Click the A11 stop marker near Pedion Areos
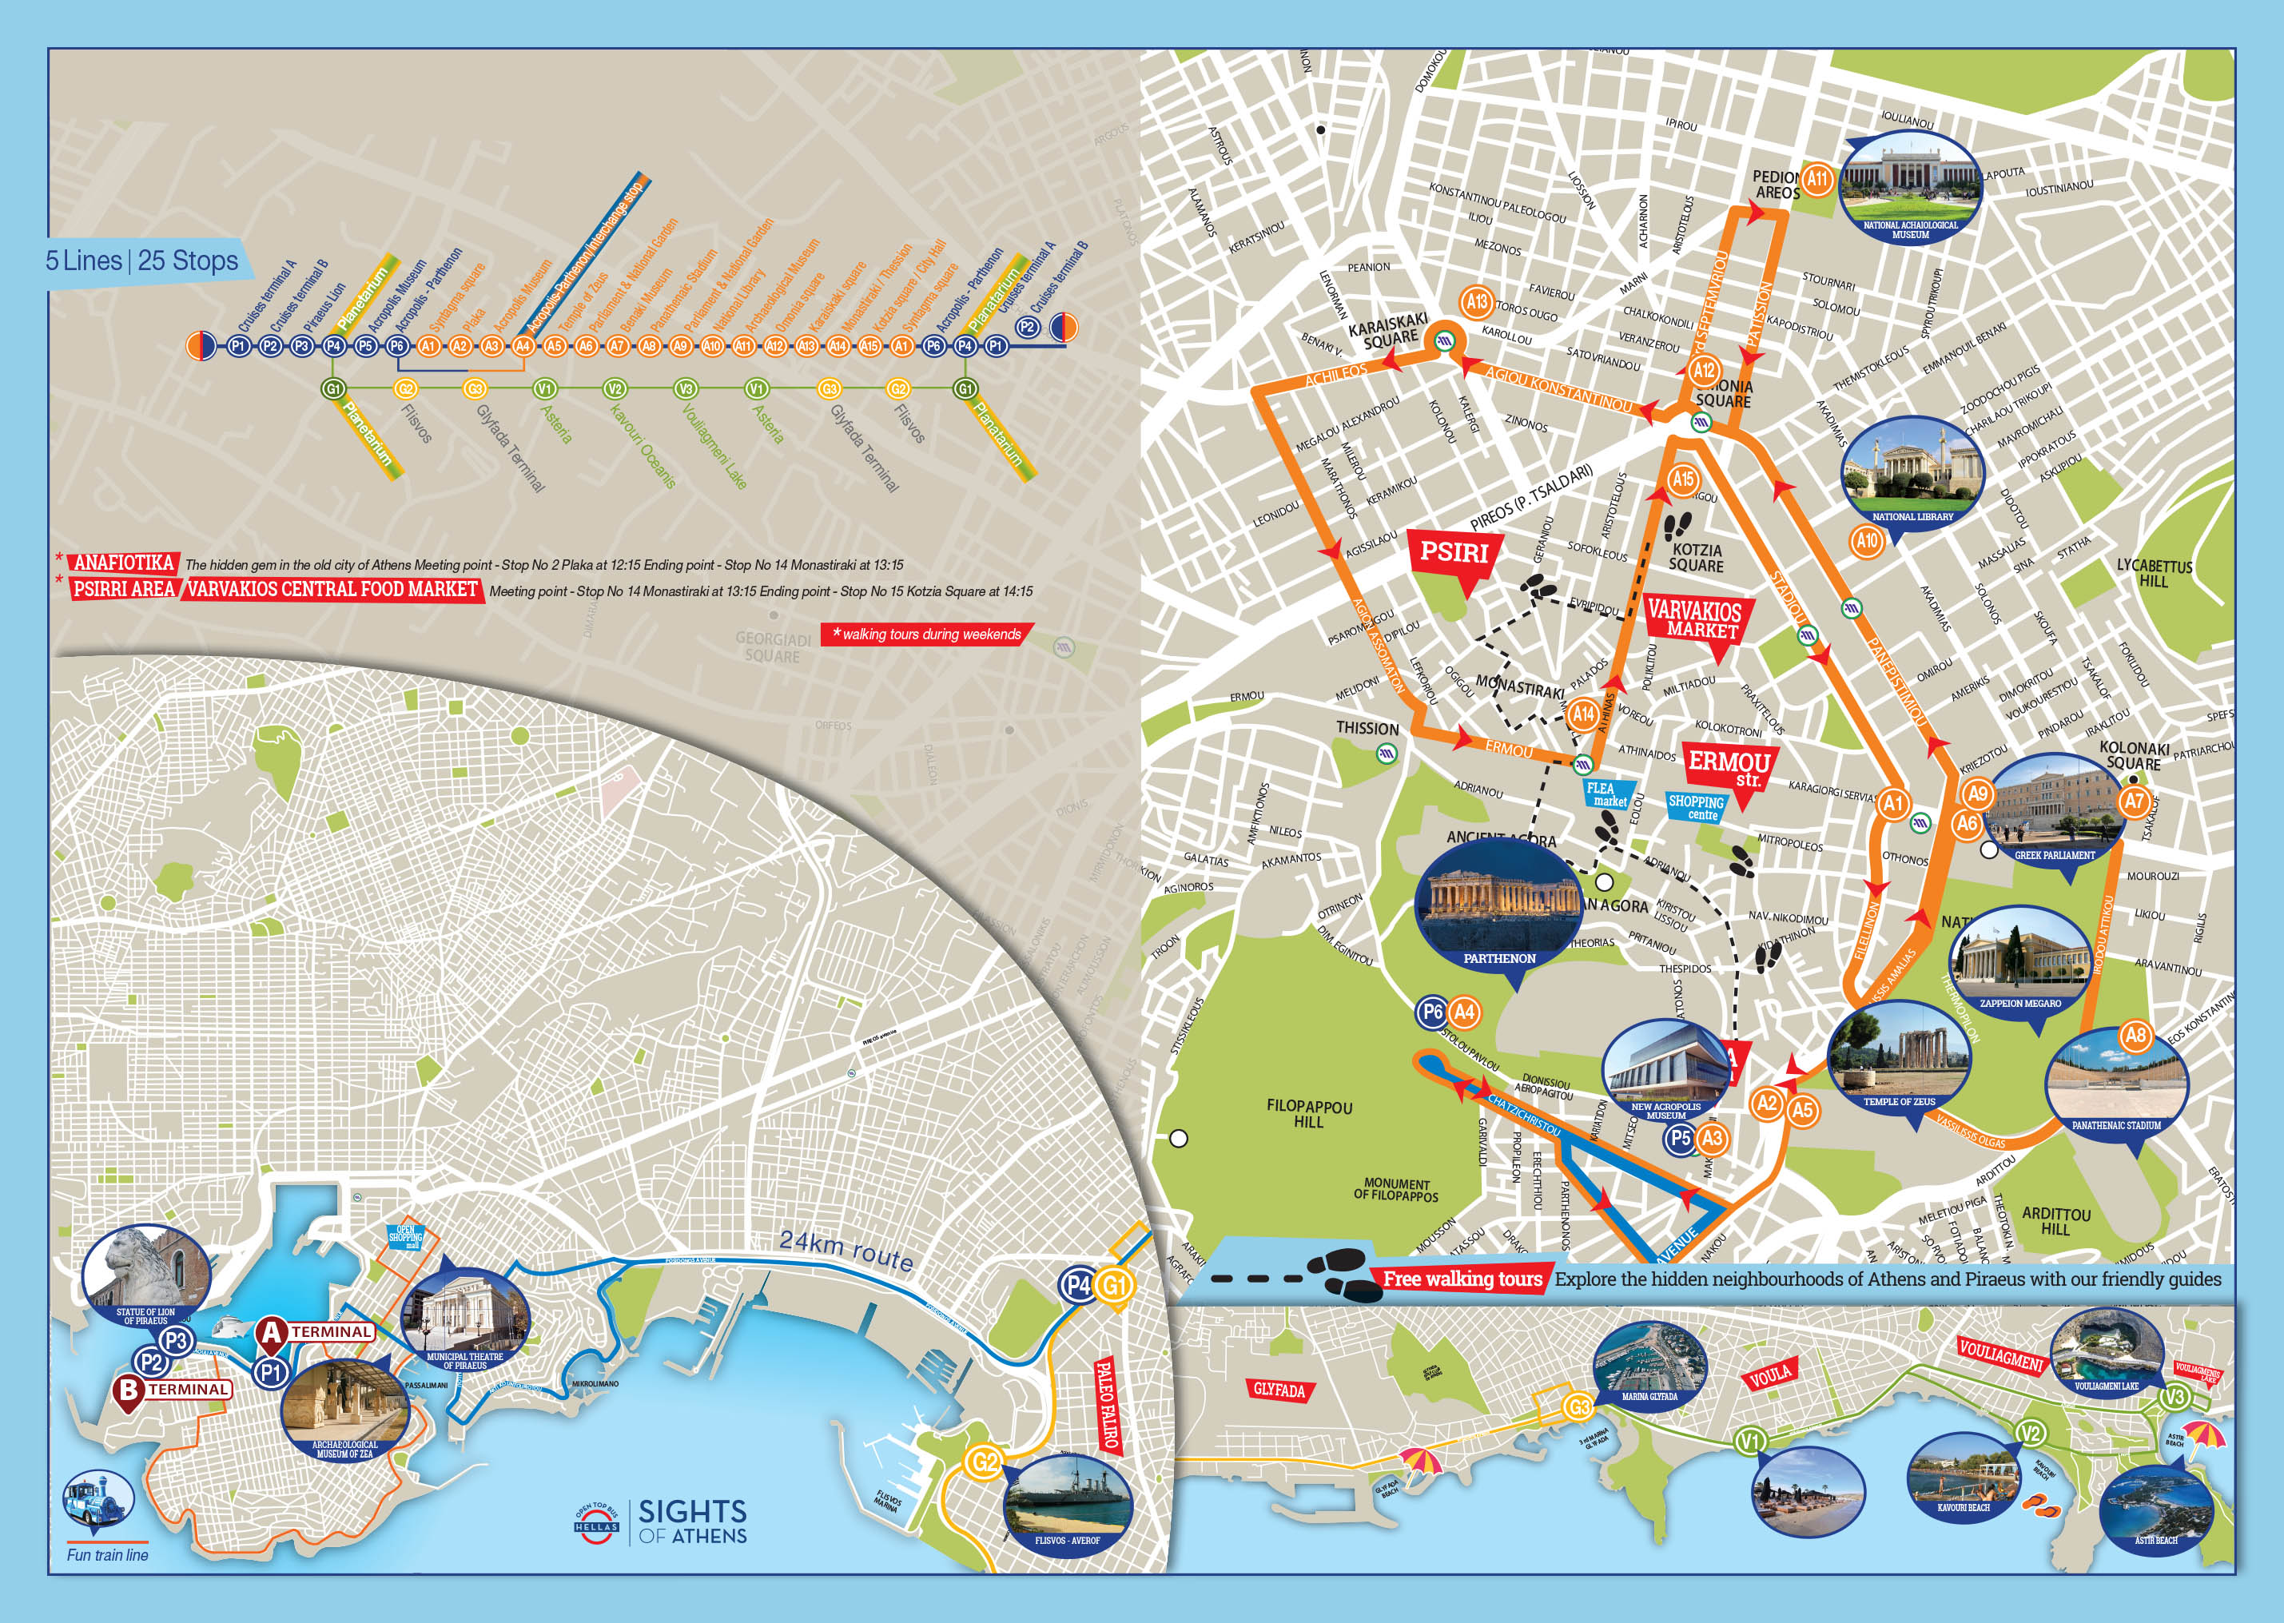tap(1816, 180)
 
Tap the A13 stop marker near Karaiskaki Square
tap(1476, 300)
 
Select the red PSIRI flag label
tap(1454, 553)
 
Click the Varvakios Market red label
tap(1693, 619)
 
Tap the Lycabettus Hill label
tap(2154, 573)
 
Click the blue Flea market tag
tap(1608, 794)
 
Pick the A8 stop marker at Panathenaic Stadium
tap(2135, 1036)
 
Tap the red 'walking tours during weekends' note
tap(925, 634)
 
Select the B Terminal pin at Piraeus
tap(128, 1391)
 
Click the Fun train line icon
tap(97, 1502)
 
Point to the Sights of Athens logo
tap(660, 1521)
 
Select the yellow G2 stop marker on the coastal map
tap(983, 1462)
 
